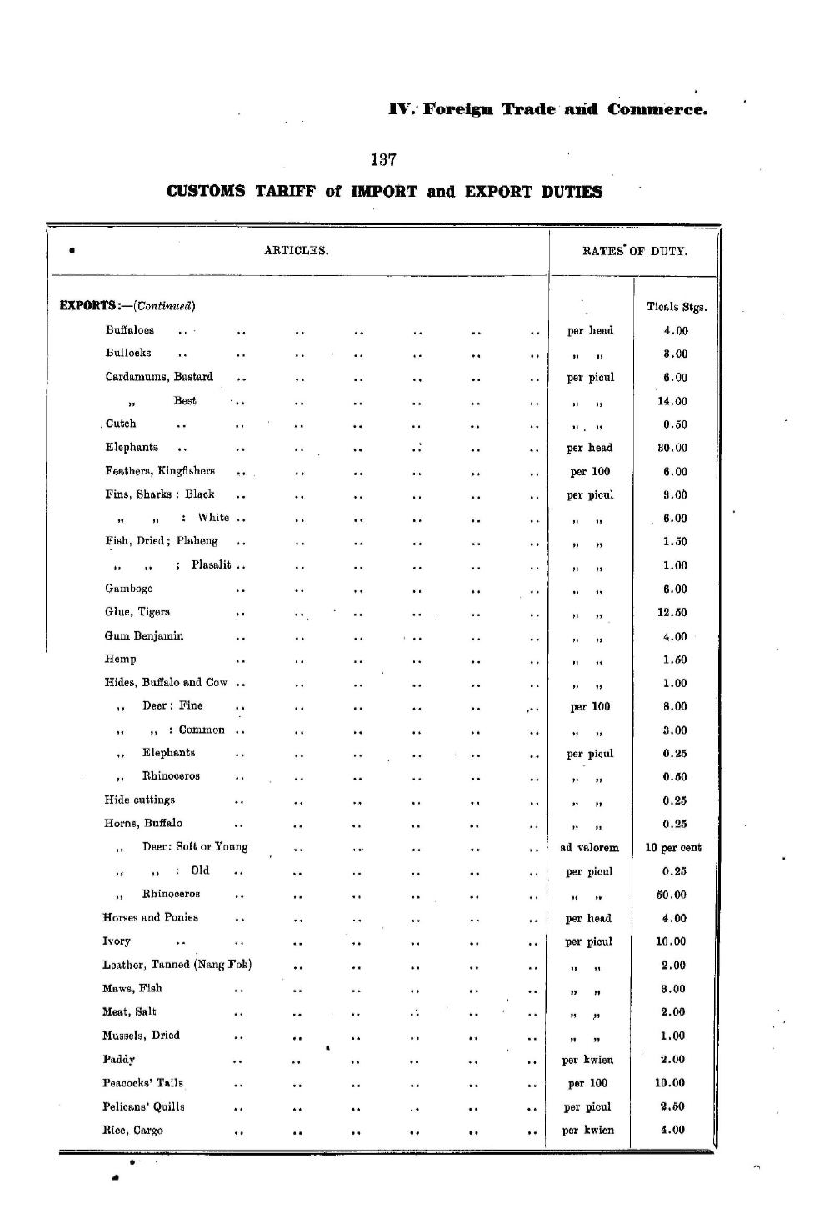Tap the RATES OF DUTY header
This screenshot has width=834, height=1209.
(635, 251)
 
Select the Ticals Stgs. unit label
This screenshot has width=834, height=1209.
(677, 307)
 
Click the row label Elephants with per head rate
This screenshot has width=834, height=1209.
(132, 448)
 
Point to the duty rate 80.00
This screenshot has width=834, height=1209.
(675, 448)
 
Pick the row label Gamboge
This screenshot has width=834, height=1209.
(129, 589)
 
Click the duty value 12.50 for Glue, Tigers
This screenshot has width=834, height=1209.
(675, 612)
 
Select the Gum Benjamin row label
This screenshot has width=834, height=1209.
(144, 636)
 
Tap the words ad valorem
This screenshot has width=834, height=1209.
(590, 848)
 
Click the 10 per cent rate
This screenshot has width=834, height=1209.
(673, 848)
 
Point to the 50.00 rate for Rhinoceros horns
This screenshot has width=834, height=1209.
(672, 895)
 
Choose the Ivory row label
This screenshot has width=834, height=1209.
(117, 941)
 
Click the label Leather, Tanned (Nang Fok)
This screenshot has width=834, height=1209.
(177, 965)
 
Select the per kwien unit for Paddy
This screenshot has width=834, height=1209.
(588, 1060)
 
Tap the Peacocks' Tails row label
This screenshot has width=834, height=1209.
(142, 1083)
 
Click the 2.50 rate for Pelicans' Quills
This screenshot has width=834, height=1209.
(672, 1106)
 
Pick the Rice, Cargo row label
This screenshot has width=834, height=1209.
(132, 1131)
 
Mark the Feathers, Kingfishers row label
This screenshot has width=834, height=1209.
(160, 471)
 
